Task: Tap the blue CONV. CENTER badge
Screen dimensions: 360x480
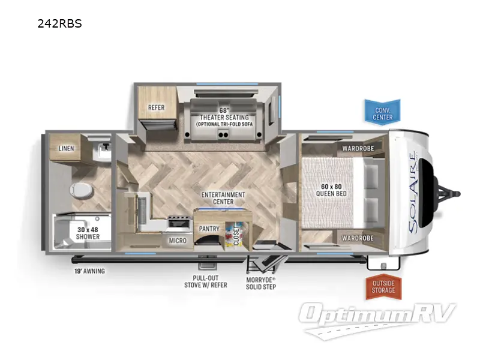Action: click(x=383, y=110)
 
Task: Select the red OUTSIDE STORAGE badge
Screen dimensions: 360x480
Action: click(x=383, y=287)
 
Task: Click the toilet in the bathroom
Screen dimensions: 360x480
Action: click(x=82, y=191)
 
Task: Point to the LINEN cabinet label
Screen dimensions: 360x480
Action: click(x=67, y=148)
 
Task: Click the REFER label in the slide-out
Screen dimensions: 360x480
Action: click(x=156, y=108)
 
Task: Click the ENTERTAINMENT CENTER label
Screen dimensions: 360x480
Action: click(x=223, y=198)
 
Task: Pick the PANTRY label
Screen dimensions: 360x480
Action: click(x=208, y=229)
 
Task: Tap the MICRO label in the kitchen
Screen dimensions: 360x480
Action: click(x=178, y=241)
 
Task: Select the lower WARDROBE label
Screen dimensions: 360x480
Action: click(x=358, y=238)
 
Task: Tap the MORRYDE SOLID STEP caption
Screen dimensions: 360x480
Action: click(x=262, y=283)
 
